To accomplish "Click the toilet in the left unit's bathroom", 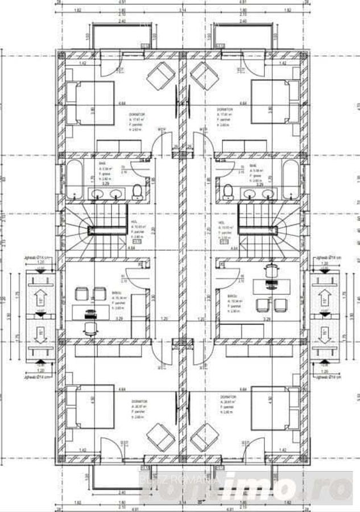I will click(137, 192).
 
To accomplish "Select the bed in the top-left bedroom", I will click(90, 102).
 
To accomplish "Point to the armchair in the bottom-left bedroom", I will click(160, 437).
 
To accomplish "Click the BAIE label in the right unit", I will click(253, 165).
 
